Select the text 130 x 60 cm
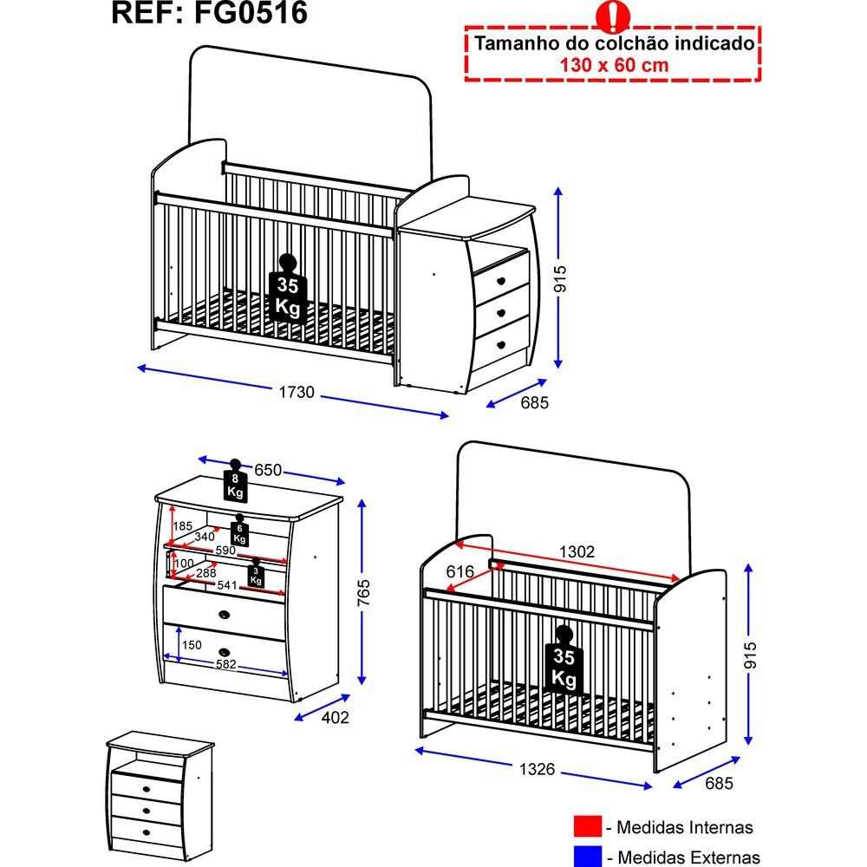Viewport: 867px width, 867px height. (611, 64)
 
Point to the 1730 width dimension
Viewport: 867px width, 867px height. (296, 393)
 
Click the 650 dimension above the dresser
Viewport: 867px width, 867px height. (268, 470)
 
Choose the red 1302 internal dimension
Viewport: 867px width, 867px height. (577, 551)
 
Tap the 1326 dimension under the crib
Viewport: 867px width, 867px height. (537, 770)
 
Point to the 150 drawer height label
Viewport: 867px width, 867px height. (192, 645)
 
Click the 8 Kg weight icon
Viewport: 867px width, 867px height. (234, 482)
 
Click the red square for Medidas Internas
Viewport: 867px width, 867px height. (587, 828)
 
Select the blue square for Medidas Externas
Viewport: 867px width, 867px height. (587, 857)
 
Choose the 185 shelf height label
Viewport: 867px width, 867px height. (182, 526)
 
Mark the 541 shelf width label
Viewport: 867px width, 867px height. (226, 585)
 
